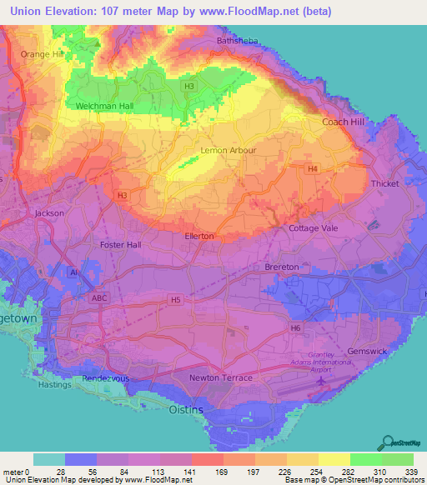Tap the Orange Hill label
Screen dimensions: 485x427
42,54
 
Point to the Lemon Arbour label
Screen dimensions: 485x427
228,151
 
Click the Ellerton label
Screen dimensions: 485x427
198,236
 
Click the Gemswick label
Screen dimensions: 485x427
367,351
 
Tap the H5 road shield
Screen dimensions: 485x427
175,298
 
